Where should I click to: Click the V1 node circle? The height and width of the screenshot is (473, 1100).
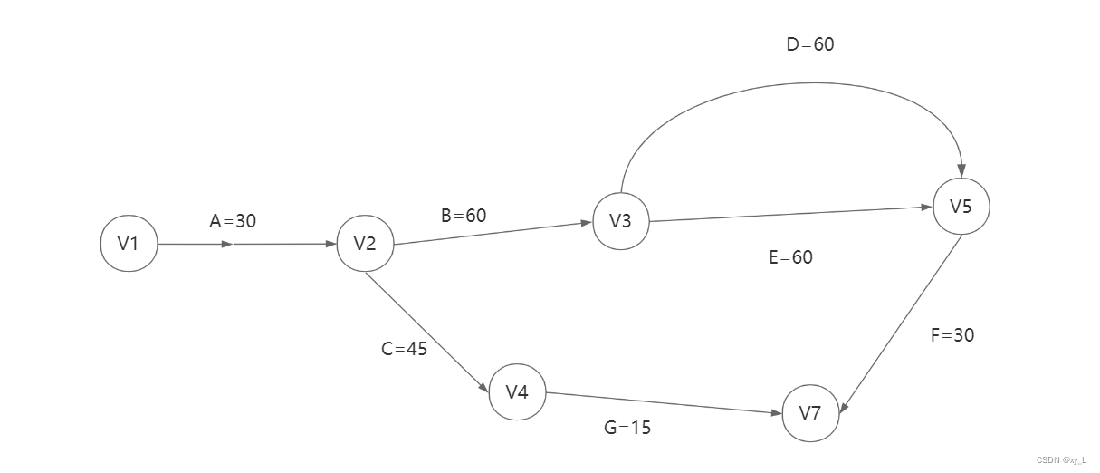tap(128, 244)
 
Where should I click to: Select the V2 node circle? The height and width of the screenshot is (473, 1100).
tap(365, 244)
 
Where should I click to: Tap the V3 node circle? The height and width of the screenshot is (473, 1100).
tap(620, 221)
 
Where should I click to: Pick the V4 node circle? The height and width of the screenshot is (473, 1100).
tap(517, 392)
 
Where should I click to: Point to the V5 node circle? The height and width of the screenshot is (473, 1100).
tap(961, 207)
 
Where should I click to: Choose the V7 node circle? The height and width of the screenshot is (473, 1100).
tap(810, 414)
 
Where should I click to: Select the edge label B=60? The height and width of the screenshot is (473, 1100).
tap(464, 216)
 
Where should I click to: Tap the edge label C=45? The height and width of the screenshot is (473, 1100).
tap(405, 349)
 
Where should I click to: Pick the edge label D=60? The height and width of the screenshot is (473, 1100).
tap(810, 44)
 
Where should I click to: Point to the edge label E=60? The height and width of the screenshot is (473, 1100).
tap(790, 257)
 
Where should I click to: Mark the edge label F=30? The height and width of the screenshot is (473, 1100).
tap(952, 335)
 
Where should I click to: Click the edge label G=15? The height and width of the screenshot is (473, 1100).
tap(627, 428)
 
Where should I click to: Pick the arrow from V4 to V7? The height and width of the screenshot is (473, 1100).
tap(665, 403)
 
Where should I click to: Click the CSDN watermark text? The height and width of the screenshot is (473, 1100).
tap(1061, 459)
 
